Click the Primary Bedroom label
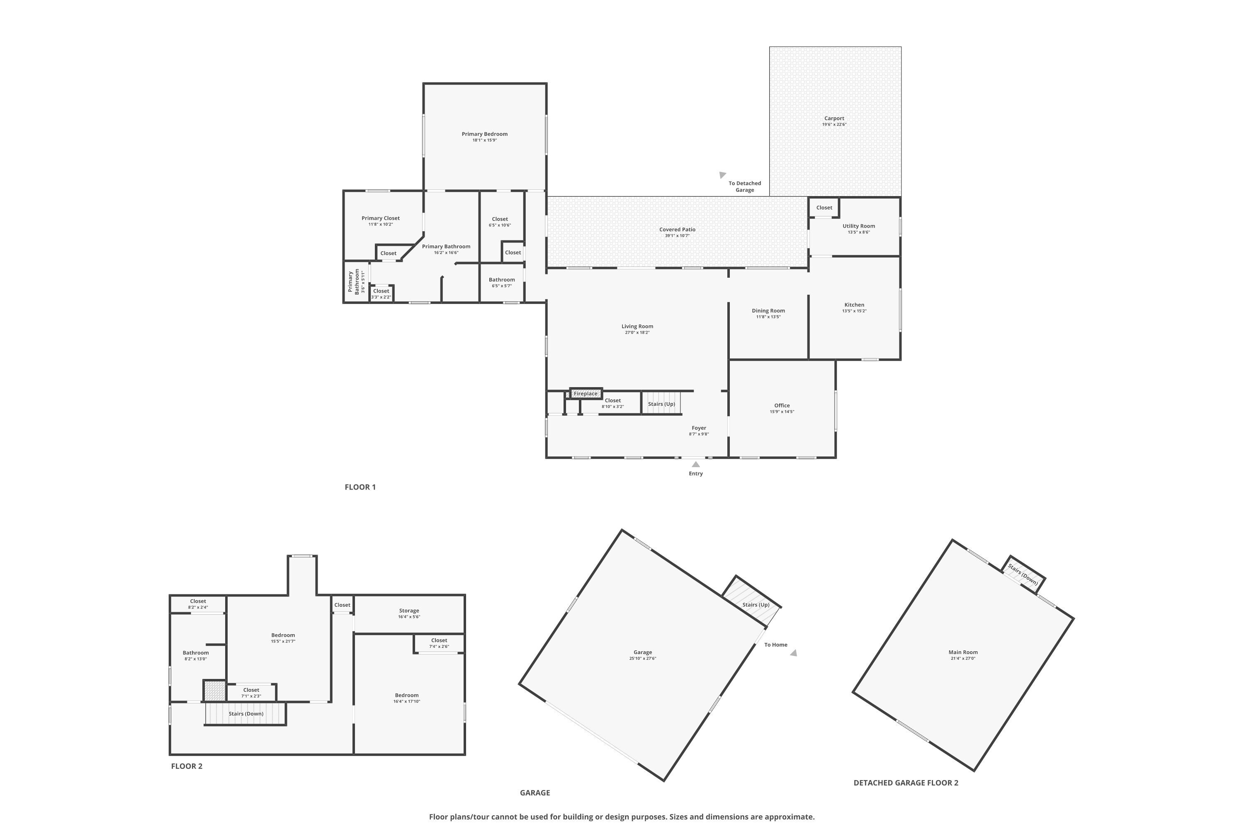(484, 134)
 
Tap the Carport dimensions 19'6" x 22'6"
(834, 125)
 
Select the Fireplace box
(586, 393)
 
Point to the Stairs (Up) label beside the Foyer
(661, 404)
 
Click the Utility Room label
(858, 226)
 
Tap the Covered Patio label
(677, 230)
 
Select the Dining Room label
(768, 311)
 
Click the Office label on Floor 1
(782, 405)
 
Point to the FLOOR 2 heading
(187, 766)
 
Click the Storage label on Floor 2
(409, 611)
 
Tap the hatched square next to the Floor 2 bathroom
(215, 691)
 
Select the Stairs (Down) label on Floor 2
(246, 714)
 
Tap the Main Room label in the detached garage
(962, 652)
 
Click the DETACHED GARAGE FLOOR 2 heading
(906, 783)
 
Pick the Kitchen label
(854, 305)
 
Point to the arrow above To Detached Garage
(722, 175)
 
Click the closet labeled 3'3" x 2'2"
(381, 293)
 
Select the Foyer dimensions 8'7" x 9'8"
(699, 434)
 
